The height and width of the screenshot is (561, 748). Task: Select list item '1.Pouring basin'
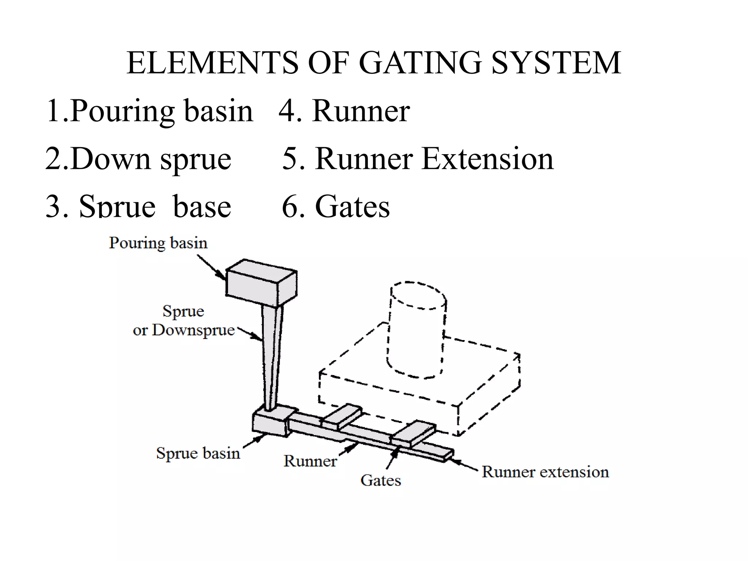pyautogui.click(x=149, y=111)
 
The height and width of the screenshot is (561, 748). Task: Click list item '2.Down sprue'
pyautogui.click(x=138, y=159)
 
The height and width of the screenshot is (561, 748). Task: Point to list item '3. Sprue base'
pyautogui.click(x=138, y=206)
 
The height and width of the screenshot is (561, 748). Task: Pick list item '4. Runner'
pyautogui.click(x=344, y=111)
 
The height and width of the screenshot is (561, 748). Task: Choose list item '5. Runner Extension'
pyautogui.click(x=418, y=159)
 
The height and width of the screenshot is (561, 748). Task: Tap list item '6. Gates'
pyautogui.click(x=336, y=206)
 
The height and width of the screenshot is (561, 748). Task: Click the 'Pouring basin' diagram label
pyautogui.click(x=158, y=243)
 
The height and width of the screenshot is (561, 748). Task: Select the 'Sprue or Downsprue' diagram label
pyautogui.click(x=183, y=321)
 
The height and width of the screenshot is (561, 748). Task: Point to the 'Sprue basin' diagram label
pyautogui.click(x=198, y=453)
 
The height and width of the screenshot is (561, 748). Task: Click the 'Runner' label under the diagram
pyautogui.click(x=310, y=461)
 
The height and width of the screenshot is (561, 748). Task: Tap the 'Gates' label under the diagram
pyautogui.click(x=381, y=480)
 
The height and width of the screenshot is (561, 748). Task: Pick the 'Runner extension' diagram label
pyautogui.click(x=545, y=472)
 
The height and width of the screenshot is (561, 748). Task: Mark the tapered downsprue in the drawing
pyautogui.click(x=271, y=358)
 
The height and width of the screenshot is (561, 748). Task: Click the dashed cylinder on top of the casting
pyautogui.click(x=416, y=329)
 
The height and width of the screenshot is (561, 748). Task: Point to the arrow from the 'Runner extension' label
pyautogui.click(x=463, y=464)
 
